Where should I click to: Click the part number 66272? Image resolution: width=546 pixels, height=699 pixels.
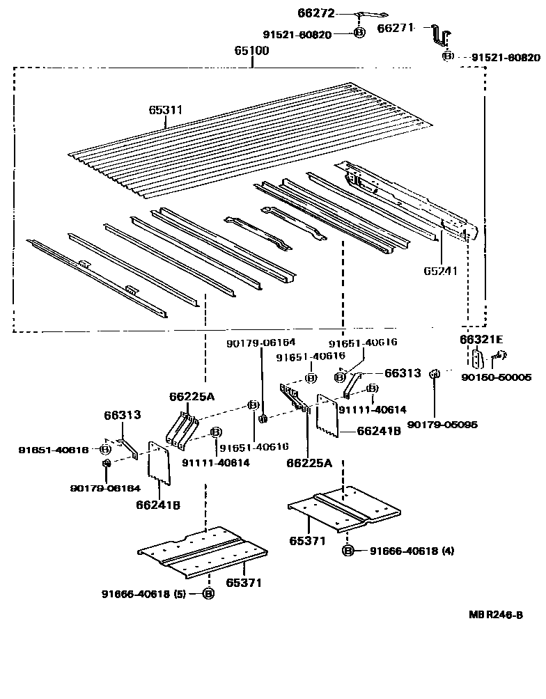tap(317, 13)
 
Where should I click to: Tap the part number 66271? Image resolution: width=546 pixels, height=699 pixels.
tap(396, 29)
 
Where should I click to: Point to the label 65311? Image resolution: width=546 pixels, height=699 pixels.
tap(166, 110)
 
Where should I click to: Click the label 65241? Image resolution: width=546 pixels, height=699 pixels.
tap(440, 270)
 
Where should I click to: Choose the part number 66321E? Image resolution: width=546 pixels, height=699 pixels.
tap(481, 339)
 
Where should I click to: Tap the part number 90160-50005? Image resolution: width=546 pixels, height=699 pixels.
tap(497, 377)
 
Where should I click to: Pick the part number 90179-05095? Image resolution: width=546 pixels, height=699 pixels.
tap(442, 424)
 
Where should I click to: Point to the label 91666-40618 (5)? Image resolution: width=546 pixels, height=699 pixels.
tap(143, 594)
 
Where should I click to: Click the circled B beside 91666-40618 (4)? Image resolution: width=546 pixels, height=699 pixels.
tap(348, 551)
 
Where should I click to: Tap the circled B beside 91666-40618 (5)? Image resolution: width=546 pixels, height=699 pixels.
tap(208, 594)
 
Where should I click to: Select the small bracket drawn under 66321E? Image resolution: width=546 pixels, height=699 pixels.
tap(476, 359)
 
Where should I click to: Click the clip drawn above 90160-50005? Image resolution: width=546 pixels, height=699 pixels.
tap(497, 358)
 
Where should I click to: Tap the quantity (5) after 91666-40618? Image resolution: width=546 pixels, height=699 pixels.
tap(177, 594)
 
